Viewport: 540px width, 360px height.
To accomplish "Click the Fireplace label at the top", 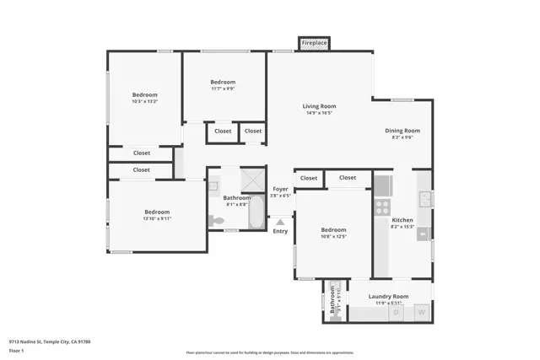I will click(x=315, y=43).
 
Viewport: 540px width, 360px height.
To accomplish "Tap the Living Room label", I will click(x=320, y=106).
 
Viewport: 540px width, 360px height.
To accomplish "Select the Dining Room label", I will click(x=402, y=131).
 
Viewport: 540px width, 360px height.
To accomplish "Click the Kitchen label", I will click(x=402, y=220).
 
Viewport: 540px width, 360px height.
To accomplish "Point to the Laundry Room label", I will click(x=389, y=296).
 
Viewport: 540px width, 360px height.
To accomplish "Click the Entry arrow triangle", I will click(x=280, y=223).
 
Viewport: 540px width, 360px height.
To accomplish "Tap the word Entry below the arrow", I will click(x=280, y=232).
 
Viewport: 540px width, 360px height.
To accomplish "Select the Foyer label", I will click(x=280, y=190).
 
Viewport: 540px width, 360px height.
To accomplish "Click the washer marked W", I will click(x=421, y=313).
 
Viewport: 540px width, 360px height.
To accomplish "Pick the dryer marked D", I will click(x=397, y=313).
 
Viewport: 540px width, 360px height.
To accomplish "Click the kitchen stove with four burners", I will click(x=382, y=205).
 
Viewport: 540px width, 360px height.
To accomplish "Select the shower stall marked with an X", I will click(x=251, y=180).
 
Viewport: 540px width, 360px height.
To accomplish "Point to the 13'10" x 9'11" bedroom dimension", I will click(x=157, y=218).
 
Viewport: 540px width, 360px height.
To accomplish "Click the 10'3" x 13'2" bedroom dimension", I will click(x=145, y=102).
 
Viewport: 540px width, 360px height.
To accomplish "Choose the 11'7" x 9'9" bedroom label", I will click(x=223, y=82).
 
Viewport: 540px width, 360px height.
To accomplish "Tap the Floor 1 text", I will click(x=17, y=350).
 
